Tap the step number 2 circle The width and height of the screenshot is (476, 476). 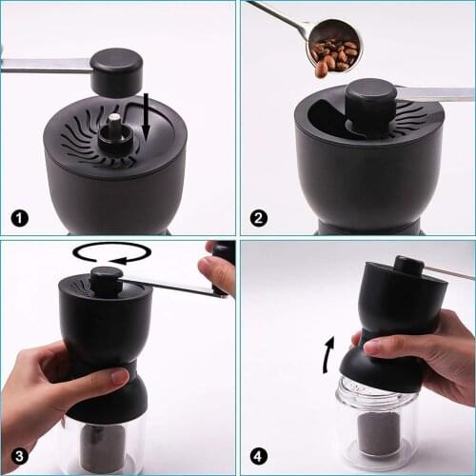pyautogui.click(x=258, y=217)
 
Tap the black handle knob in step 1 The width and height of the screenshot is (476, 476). pyautogui.click(x=116, y=71)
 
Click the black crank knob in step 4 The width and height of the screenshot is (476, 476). pyautogui.click(x=409, y=266)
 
